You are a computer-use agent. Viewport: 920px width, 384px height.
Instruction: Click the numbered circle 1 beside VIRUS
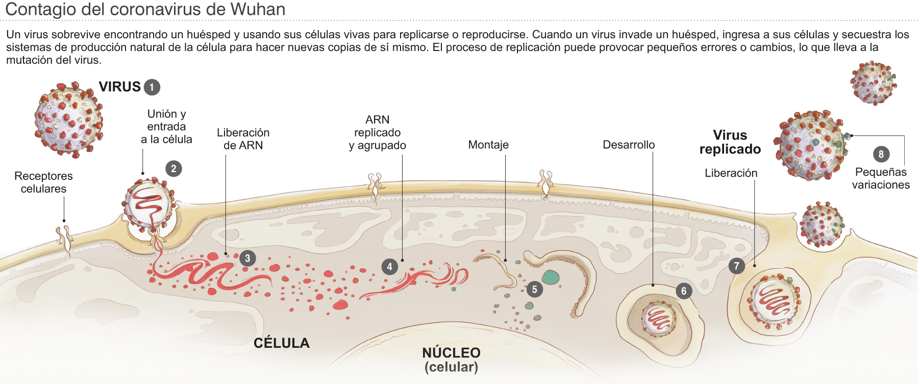(x=152, y=87)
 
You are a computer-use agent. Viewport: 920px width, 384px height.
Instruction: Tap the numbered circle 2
(x=173, y=169)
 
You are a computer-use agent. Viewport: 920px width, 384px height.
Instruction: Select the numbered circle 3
(x=247, y=258)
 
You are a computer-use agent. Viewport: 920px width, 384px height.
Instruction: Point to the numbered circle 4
(x=390, y=266)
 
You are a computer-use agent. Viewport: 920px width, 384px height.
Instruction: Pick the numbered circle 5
(x=534, y=290)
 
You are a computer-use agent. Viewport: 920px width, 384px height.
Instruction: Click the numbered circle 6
(x=684, y=291)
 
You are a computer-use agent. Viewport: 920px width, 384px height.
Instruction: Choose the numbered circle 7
(x=736, y=266)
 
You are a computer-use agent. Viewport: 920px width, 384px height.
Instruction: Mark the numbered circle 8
(x=881, y=154)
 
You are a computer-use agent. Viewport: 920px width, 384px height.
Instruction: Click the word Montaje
(x=488, y=145)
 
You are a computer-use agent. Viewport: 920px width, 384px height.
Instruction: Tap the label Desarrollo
(x=629, y=145)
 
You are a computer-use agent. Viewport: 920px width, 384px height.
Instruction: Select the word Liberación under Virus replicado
(x=731, y=173)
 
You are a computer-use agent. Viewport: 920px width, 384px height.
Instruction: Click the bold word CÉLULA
(x=282, y=343)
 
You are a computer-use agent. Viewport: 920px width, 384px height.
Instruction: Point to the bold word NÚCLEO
(x=451, y=353)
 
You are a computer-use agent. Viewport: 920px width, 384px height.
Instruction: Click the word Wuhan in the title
(x=258, y=9)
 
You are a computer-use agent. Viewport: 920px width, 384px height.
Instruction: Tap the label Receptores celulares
(x=43, y=182)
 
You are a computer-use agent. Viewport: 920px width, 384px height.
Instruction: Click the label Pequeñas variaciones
(x=881, y=178)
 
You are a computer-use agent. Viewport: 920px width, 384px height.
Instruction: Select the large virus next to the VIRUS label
(x=68, y=118)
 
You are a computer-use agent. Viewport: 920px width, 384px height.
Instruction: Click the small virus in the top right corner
(x=873, y=83)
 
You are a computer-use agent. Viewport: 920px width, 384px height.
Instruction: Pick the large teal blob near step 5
(x=551, y=277)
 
